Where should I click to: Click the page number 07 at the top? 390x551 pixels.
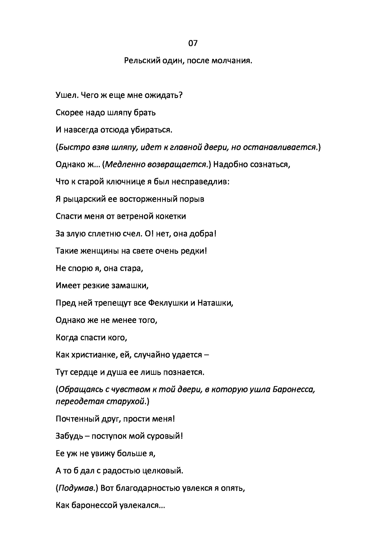click(x=193, y=43)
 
